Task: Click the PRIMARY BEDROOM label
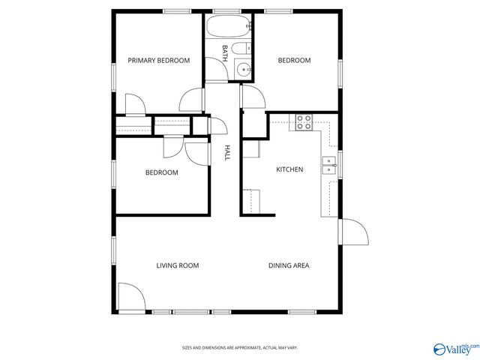coord(158,61)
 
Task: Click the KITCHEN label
coord(289,169)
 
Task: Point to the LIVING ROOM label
coord(177,265)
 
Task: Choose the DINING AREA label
coord(289,265)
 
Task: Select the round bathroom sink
coord(242,70)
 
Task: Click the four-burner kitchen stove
coord(304,122)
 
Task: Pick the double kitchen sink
coord(328,166)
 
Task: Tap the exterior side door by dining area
coord(353,233)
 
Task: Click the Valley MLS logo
coord(454,349)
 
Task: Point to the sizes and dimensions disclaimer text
coord(240,348)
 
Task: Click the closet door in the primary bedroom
coord(133,104)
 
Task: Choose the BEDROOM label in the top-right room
coord(294,61)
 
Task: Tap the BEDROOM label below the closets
coord(161,172)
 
